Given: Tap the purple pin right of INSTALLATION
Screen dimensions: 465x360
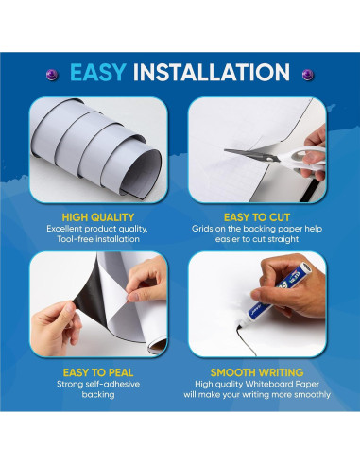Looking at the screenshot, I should [307, 72].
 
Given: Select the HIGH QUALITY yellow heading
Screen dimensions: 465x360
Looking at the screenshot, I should [94, 215].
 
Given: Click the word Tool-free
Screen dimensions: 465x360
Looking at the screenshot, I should [68, 240].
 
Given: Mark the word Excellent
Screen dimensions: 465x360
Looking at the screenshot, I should [65, 228].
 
